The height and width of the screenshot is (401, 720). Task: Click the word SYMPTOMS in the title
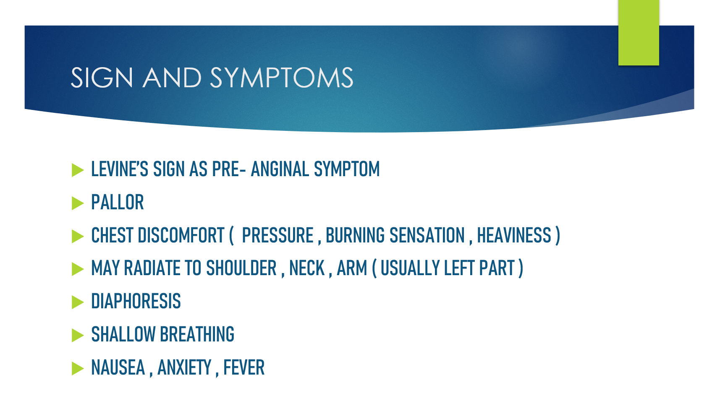pos(282,78)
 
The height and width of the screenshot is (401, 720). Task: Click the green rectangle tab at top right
pos(639,33)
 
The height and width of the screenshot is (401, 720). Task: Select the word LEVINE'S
pos(120,169)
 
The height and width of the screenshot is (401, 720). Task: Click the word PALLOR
pos(118,202)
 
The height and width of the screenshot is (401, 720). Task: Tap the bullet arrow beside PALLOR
pos(78,203)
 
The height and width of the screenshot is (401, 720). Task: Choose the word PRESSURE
pos(278,235)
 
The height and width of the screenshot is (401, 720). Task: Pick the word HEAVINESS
pos(514,235)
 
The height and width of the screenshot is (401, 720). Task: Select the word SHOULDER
pos(241,268)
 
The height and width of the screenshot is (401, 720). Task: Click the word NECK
pos(307,268)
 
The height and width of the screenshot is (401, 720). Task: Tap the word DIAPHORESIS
pos(136,301)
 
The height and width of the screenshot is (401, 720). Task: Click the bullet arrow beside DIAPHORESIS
pos(78,302)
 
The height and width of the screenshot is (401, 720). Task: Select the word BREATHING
pos(197,334)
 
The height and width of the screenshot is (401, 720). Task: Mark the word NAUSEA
pos(118,367)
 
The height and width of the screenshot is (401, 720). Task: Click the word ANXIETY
pos(184,367)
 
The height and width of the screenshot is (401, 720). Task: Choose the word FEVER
pos(244,367)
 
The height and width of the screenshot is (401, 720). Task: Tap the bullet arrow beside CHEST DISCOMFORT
pos(78,236)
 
